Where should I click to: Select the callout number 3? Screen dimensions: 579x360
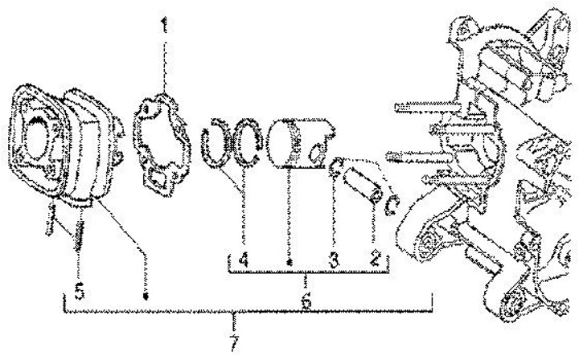click(331, 260)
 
